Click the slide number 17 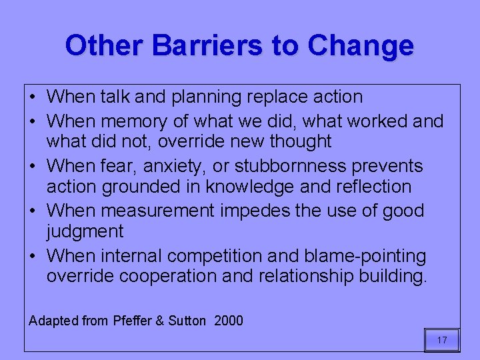(x=442, y=341)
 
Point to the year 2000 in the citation (x=229, y=321)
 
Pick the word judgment (x=85, y=232)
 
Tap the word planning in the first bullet (x=208, y=97)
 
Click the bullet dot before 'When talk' (x=33, y=97)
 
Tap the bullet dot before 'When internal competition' (x=33, y=257)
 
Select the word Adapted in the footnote (x=53, y=321)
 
